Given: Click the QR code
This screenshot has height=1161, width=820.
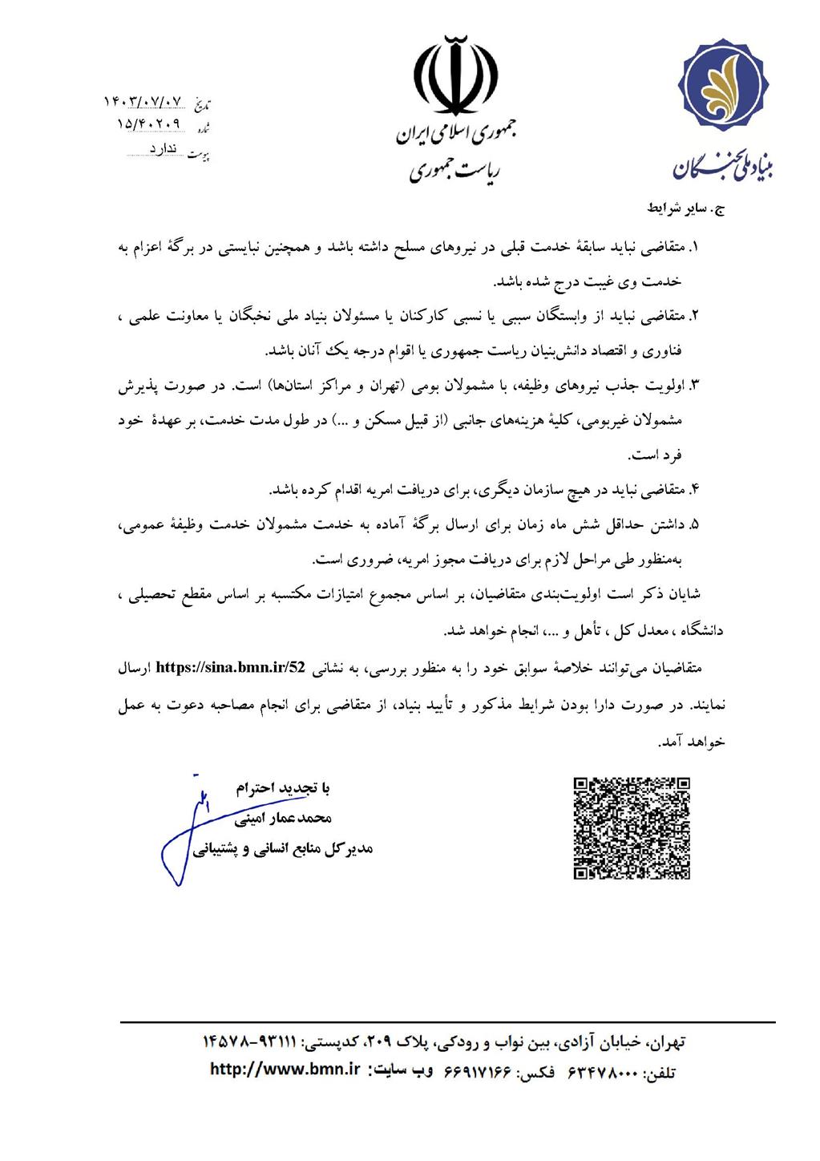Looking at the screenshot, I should tap(632, 828).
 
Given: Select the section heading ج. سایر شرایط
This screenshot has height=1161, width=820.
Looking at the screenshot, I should tap(685, 208).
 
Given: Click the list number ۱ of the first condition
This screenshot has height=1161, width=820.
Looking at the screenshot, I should tap(695, 249).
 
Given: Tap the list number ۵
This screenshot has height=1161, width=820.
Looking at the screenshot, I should tap(694, 525).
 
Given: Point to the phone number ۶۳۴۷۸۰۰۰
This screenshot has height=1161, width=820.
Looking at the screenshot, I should tap(601, 1072).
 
